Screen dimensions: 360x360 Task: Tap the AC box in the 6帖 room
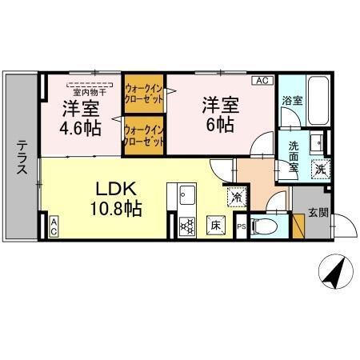click(x=262, y=81)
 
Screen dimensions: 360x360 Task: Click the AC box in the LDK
click(x=54, y=227)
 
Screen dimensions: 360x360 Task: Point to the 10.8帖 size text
click(x=118, y=209)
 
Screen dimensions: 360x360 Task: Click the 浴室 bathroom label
click(x=292, y=102)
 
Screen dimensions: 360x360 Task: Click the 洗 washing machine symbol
click(x=320, y=170)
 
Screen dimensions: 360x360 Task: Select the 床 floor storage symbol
click(x=216, y=225)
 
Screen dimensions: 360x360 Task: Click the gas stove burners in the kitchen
click(x=187, y=226)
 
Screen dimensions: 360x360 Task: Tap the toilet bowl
click(x=266, y=227)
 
